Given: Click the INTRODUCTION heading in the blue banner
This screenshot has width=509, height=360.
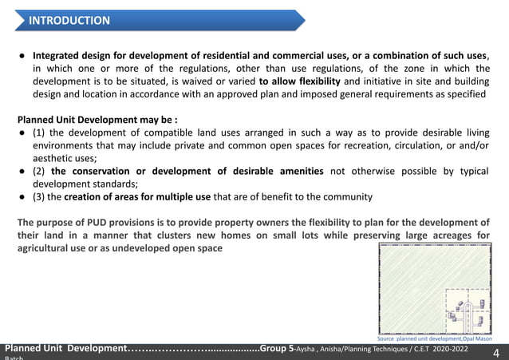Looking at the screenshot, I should [x=69, y=20].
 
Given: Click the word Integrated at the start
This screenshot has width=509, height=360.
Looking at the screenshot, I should [x=58, y=56].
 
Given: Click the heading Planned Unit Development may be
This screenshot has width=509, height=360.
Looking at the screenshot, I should [x=97, y=120].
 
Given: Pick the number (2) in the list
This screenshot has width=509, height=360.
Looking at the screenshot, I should [x=40, y=171].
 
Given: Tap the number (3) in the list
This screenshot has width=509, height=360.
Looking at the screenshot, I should [x=40, y=196].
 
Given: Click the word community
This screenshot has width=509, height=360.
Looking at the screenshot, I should [x=345, y=196].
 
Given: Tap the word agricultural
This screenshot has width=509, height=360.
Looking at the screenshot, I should [x=49, y=248].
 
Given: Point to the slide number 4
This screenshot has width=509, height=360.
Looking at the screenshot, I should [x=496, y=352].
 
